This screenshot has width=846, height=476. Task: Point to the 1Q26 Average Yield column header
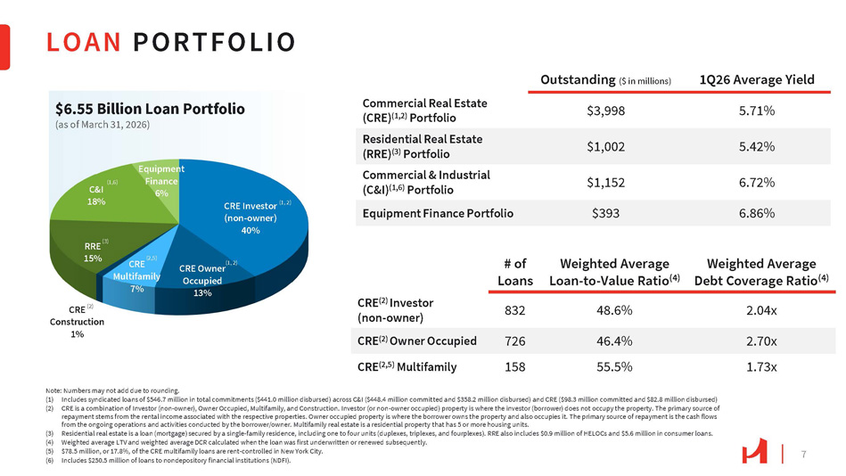tap(757, 79)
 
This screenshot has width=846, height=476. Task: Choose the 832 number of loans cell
tap(514, 309)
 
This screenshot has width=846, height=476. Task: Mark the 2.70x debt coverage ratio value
tap(760, 341)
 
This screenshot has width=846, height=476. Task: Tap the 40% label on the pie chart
tap(250, 230)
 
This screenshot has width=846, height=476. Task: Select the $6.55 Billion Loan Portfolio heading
tap(150, 109)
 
